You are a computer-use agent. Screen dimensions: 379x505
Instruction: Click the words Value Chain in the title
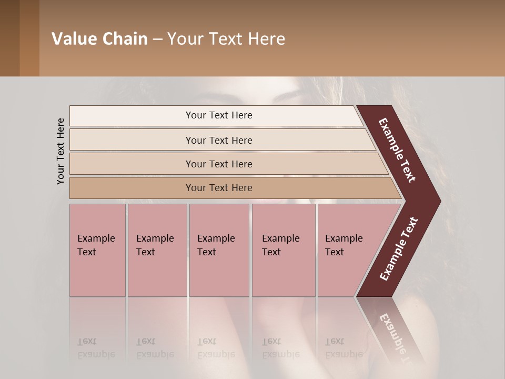coord(99,39)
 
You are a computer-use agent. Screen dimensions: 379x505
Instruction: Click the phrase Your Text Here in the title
coord(226,39)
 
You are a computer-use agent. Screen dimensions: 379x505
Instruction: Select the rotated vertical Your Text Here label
coord(61,151)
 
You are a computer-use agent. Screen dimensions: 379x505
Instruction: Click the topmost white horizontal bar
coord(132,116)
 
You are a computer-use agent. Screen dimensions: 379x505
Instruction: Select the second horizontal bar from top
coord(132,140)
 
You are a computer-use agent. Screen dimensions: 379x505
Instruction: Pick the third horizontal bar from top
coord(132,164)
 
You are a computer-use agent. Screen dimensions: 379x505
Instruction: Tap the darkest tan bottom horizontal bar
coord(132,188)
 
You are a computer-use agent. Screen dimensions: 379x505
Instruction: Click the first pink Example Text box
coord(97,250)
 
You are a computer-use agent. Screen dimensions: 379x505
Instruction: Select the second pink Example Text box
coord(157,250)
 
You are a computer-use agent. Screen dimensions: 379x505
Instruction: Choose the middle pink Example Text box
coord(219,250)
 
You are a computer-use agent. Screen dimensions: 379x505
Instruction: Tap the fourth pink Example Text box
coord(283,250)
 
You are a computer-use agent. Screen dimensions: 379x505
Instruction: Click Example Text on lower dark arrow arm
coord(399,249)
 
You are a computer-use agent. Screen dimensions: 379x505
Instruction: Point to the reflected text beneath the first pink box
coord(96,348)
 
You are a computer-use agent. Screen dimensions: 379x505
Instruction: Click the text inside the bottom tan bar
coord(219,188)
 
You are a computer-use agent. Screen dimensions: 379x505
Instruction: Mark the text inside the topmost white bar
coord(219,115)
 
